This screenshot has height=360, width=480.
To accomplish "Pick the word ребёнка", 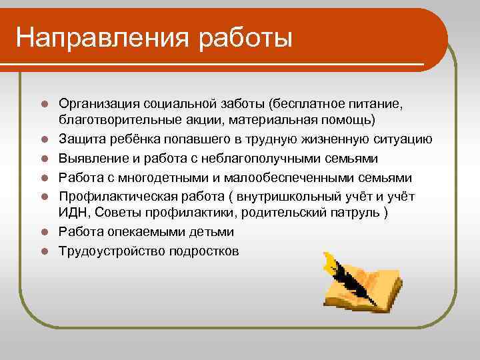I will [x=131, y=139].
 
